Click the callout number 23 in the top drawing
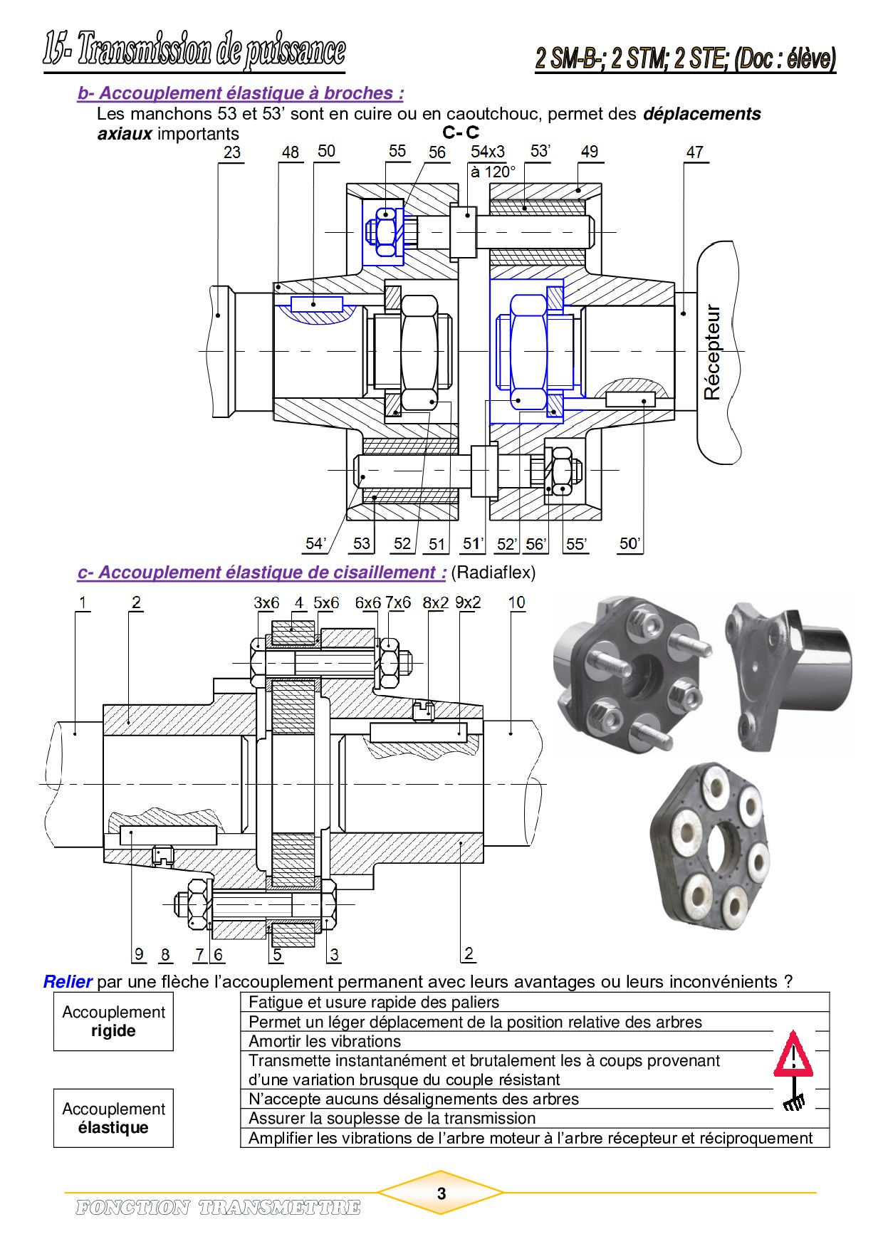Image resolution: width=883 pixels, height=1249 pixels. tap(232, 152)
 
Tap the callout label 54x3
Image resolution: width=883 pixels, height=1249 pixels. tap(487, 152)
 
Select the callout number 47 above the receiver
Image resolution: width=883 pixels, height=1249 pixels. tap(695, 152)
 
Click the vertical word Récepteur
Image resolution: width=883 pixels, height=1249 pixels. tap(712, 352)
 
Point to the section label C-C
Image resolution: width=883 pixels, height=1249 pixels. tap(461, 132)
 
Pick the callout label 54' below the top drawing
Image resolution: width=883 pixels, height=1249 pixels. tap(315, 544)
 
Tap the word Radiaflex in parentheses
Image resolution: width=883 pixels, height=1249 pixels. tap(493, 573)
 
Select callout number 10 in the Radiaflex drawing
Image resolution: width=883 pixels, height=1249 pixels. tap(517, 602)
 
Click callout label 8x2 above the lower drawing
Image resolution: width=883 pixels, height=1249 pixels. tap(435, 602)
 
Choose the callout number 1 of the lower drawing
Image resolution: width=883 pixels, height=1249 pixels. tap(83, 602)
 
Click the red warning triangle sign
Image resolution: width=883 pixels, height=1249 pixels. tap(793, 1055)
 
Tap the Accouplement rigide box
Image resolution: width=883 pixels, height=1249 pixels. tap(113, 1021)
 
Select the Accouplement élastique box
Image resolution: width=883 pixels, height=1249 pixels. tap(113, 1118)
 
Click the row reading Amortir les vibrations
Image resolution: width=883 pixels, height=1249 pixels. tap(325, 1041)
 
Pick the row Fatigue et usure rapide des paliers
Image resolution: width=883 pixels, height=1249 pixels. tap(374, 1003)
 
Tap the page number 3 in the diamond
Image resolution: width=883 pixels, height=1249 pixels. tap(441, 1193)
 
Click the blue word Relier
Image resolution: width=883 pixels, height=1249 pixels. tap(68, 982)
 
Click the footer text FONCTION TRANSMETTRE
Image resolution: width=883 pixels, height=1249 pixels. tap(218, 1208)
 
